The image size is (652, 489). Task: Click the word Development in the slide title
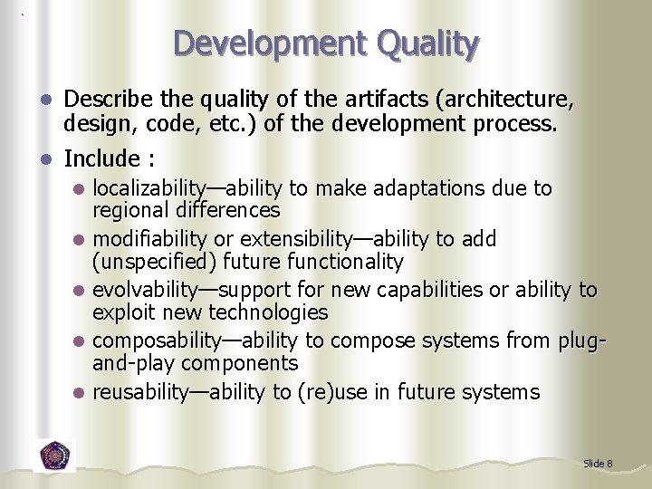point(258,43)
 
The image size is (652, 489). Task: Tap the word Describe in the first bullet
point(108,98)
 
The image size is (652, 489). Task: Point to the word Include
point(101,158)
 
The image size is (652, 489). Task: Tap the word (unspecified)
point(150,262)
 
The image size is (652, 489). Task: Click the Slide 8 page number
point(598,464)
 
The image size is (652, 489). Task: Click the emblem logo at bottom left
point(55,455)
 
